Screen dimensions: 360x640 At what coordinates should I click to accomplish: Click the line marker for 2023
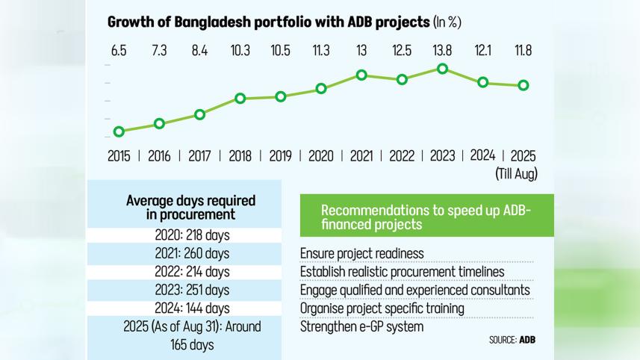pyautogui.click(x=442, y=69)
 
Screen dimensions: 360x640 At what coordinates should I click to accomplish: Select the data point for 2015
pyautogui.click(x=119, y=131)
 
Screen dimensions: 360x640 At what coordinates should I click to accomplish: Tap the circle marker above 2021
pyautogui.click(x=361, y=75)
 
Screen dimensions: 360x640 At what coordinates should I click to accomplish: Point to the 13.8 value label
pyautogui.click(x=442, y=51)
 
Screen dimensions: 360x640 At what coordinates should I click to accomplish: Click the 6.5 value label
pyautogui.click(x=119, y=51)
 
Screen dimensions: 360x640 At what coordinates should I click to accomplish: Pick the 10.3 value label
pyautogui.click(x=240, y=51)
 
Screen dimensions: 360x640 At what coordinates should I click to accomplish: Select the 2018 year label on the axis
pyautogui.click(x=240, y=156)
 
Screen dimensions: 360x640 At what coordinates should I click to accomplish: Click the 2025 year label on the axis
pyautogui.click(x=522, y=156)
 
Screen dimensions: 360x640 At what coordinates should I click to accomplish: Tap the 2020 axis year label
pyautogui.click(x=321, y=156)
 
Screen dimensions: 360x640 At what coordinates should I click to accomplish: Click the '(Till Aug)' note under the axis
pyautogui.click(x=516, y=173)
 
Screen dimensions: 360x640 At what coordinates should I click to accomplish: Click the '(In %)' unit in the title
pyautogui.click(x=447, y=22)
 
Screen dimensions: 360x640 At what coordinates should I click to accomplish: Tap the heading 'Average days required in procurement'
pyautogui.click(x=190, y=208)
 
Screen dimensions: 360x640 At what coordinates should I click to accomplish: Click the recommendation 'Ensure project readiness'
pyautogui.click(x=361, y=254)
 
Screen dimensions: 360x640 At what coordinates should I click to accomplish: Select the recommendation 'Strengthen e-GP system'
pyautogui.click(x=361, y=326)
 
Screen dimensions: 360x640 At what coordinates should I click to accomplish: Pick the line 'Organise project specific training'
pyautogui.click(x=382, y=308)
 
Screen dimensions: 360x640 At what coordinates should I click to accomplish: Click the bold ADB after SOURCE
pyautogui.click(x=527, y=340)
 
